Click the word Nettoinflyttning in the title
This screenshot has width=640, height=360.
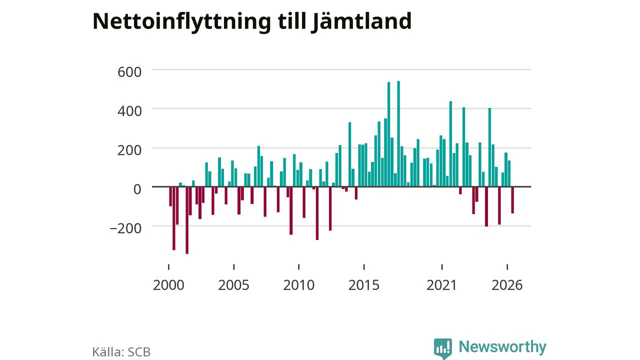(181, 21)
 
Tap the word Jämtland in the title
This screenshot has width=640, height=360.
(361, 21)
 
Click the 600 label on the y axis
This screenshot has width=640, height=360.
(129, 72)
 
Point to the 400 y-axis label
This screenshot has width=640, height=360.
(129, 111)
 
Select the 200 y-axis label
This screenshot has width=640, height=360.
(129, 150)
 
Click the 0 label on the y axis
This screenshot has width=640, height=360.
(137, 189)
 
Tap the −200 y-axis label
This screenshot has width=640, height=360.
(125, 228)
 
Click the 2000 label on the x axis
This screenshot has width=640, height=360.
(168, 285)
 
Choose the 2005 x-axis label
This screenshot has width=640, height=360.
(233, 285)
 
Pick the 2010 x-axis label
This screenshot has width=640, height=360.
(299, 285)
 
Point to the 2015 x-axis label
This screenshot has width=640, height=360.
(364, 285)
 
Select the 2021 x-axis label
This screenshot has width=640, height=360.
(442, 285)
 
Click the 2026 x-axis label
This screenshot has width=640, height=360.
(507, 285)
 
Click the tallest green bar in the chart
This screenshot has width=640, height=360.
(398, 133)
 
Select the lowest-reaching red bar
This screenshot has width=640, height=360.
(187, 220)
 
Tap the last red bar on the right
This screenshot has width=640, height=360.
(512, 200)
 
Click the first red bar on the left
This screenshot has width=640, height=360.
(170, 196)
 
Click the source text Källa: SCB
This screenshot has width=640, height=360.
(121, 352)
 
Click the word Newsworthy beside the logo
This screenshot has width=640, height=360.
(502, 347)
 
